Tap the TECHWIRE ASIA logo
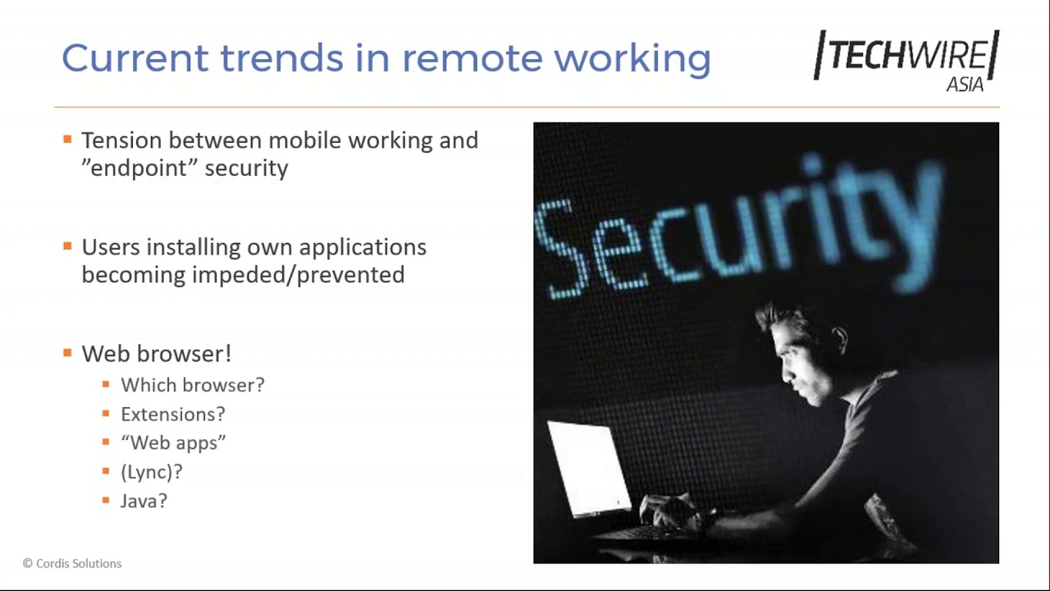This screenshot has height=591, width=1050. coord(906,59)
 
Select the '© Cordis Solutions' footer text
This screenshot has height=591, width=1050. coord(72,563)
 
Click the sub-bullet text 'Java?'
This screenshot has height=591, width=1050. coord(144,501)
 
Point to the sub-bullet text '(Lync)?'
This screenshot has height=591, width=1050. coord(152,472)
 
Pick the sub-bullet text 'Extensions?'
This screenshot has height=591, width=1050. coord(172,415)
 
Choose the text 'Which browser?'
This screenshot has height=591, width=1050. coord(193,385)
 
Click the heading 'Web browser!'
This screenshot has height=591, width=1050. coord(156,354)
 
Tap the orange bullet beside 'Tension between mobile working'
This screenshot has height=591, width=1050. coord(67,140)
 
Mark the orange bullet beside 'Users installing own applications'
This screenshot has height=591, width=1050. coord(67,246)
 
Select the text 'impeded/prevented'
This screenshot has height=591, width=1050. coord(298,275)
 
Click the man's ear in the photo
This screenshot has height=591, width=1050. coord(838,337)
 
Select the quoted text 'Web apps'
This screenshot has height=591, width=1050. coord(173,443)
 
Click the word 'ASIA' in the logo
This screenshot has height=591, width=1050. coord(965,85)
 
